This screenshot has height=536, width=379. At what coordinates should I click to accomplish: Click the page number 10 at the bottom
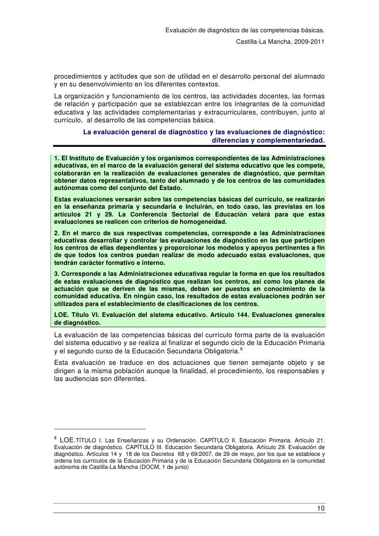point(321,508)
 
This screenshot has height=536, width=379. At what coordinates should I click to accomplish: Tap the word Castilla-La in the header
point(251,40)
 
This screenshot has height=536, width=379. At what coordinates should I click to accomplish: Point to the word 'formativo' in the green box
point(119,263)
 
